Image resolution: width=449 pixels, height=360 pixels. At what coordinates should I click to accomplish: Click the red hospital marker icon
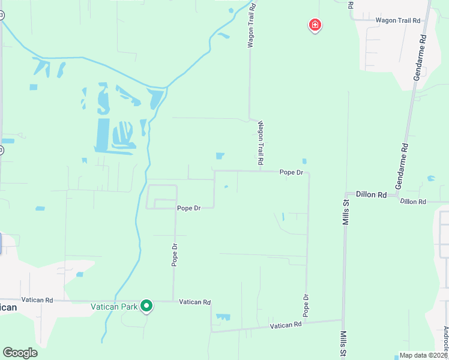click(315, 25)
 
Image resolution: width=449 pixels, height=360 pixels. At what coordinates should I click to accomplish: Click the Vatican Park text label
click(114, 306)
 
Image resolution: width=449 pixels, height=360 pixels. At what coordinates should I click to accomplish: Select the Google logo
click(20, 353)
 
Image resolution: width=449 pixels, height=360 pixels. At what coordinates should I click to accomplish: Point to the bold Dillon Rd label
click(370, 194)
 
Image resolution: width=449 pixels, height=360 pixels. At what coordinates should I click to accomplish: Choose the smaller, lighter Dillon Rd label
click(412, 202)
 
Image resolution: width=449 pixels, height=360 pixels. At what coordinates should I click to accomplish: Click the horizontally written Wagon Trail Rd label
click(398, 20)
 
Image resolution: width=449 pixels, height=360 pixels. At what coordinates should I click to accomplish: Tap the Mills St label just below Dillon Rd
click(345, 213)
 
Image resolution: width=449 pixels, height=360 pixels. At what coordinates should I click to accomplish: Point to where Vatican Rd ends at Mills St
click(343, 319)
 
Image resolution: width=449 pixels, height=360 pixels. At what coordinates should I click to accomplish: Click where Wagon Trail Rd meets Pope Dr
click(260, 171)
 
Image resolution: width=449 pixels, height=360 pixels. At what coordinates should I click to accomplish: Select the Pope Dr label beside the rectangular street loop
click(188, 208)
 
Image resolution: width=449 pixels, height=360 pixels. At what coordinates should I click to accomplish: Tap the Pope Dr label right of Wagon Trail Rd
click(291, 172)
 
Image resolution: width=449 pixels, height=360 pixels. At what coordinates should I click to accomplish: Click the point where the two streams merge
click(167, 87)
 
